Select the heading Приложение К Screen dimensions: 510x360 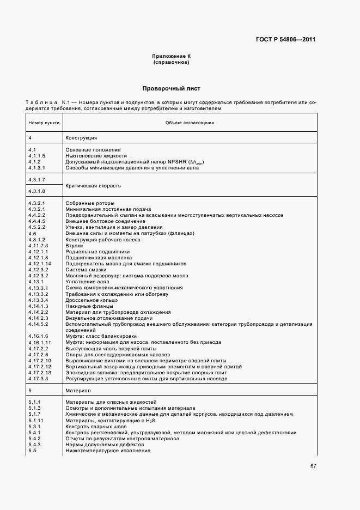[171, 57]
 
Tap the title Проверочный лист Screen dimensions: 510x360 [171, 88]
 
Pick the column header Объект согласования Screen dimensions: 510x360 [190, 123]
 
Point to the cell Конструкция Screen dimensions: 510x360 [81, 138]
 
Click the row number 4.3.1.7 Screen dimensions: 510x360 [36, 179]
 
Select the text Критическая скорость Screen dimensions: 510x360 [93, 186]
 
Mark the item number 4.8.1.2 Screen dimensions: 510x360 [36, 240]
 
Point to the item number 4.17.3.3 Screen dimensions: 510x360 [38, 379]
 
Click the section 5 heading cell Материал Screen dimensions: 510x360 [78, 391]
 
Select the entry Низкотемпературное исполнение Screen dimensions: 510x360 [107, 451]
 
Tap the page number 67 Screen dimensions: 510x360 [313, 466]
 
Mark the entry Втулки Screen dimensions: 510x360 [75, 246]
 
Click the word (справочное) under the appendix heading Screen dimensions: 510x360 [171, 63]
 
